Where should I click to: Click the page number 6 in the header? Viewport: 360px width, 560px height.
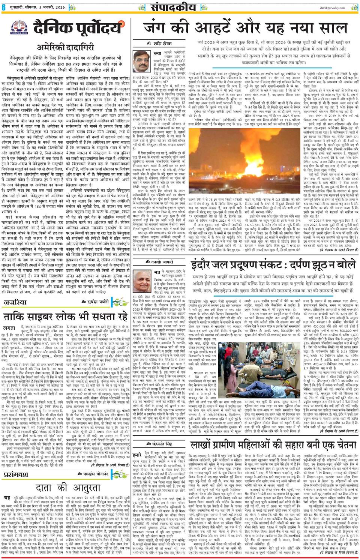click(4, 7)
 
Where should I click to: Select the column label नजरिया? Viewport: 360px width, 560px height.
click(15, 302)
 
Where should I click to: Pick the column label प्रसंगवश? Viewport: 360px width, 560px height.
click(16, 474)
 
